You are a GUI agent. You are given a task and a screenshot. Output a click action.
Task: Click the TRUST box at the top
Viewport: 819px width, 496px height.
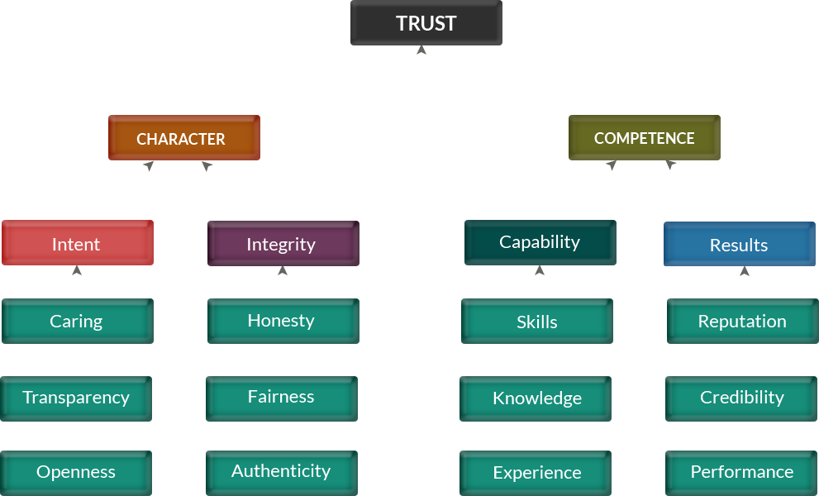pos(426,23)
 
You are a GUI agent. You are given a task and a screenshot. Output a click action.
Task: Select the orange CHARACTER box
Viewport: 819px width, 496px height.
pos(183,138)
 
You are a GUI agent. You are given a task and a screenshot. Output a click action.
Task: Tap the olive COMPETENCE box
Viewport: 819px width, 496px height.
pos(644,138)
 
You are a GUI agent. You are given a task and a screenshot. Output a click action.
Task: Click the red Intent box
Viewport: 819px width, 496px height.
pos(77,243)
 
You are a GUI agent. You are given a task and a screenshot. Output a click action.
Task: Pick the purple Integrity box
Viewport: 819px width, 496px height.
pos(283,243)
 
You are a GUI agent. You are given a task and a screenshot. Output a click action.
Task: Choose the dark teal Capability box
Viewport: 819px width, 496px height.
pos(539,241)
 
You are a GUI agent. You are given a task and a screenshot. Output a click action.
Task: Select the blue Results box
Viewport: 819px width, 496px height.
pos(739,244)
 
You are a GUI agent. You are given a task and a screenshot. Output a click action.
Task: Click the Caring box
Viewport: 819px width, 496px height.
pos(77,321)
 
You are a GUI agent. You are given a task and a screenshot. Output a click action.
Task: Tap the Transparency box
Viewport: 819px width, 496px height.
pos(76,398)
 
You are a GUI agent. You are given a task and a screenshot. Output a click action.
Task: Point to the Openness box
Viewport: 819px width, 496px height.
pos(76,472)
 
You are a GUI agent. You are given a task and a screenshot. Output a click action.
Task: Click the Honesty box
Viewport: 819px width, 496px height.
pos(283,320)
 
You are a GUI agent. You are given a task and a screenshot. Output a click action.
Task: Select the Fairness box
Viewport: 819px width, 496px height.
pos(282,397)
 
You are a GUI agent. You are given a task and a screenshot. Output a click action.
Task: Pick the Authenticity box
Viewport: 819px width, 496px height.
pos(282,471)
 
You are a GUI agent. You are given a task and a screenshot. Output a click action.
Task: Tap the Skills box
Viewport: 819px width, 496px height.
pos(537,321)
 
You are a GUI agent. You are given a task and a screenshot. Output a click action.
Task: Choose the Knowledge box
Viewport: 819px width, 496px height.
pos(537,398)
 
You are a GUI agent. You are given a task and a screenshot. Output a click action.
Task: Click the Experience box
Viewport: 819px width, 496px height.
pos(537,472)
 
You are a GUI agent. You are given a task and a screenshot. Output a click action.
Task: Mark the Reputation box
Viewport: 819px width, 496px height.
pos(742,321)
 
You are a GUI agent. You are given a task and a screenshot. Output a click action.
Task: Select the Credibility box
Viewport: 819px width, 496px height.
pos(741,397)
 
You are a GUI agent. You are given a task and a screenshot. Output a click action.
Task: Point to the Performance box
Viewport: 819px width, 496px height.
pos(741,471)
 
